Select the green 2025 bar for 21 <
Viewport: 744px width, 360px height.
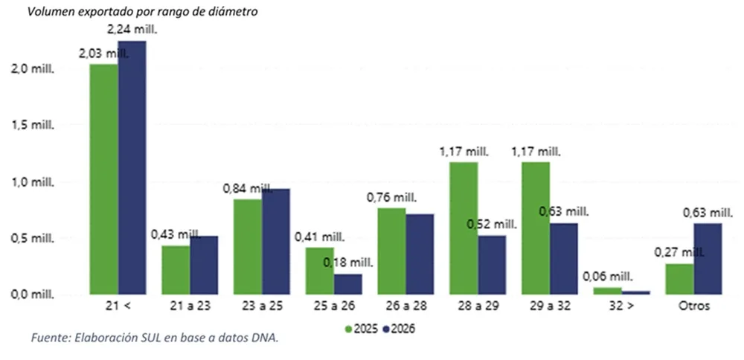tap(103, 179)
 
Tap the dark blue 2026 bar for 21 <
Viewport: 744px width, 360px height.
tap(132, 167)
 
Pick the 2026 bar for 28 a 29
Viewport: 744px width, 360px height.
tap(492, 265)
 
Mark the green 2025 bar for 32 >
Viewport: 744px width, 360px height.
tap(608, 291)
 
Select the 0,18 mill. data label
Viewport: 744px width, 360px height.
tap(345, 262)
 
